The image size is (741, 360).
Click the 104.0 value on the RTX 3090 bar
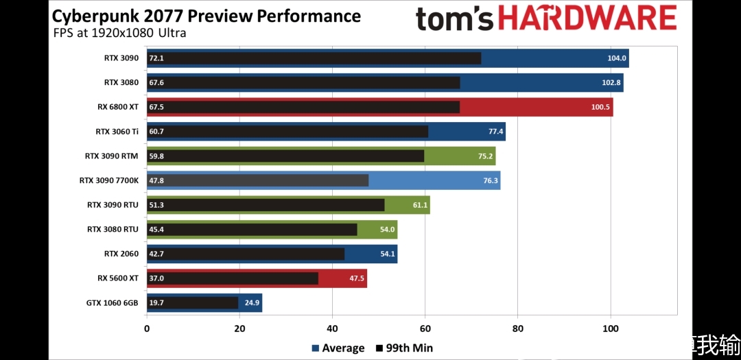point(617,58)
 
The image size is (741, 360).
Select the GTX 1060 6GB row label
point(113,303)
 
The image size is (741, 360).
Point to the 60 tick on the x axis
point(425,328)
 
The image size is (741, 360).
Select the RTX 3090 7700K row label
point(108,180)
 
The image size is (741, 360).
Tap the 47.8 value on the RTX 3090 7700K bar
point(156,180)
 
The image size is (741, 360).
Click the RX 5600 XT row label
point(118,278)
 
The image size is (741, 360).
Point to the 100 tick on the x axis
point(611,328)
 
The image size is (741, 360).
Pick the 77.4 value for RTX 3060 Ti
point(495,132)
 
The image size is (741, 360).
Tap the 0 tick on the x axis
point(147,328)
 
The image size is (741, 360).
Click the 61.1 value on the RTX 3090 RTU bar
point(420,205)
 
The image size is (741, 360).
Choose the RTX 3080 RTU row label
point(113,229)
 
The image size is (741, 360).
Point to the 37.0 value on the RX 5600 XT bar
point(156,278)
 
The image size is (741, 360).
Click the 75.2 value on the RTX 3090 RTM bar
point(485,156)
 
